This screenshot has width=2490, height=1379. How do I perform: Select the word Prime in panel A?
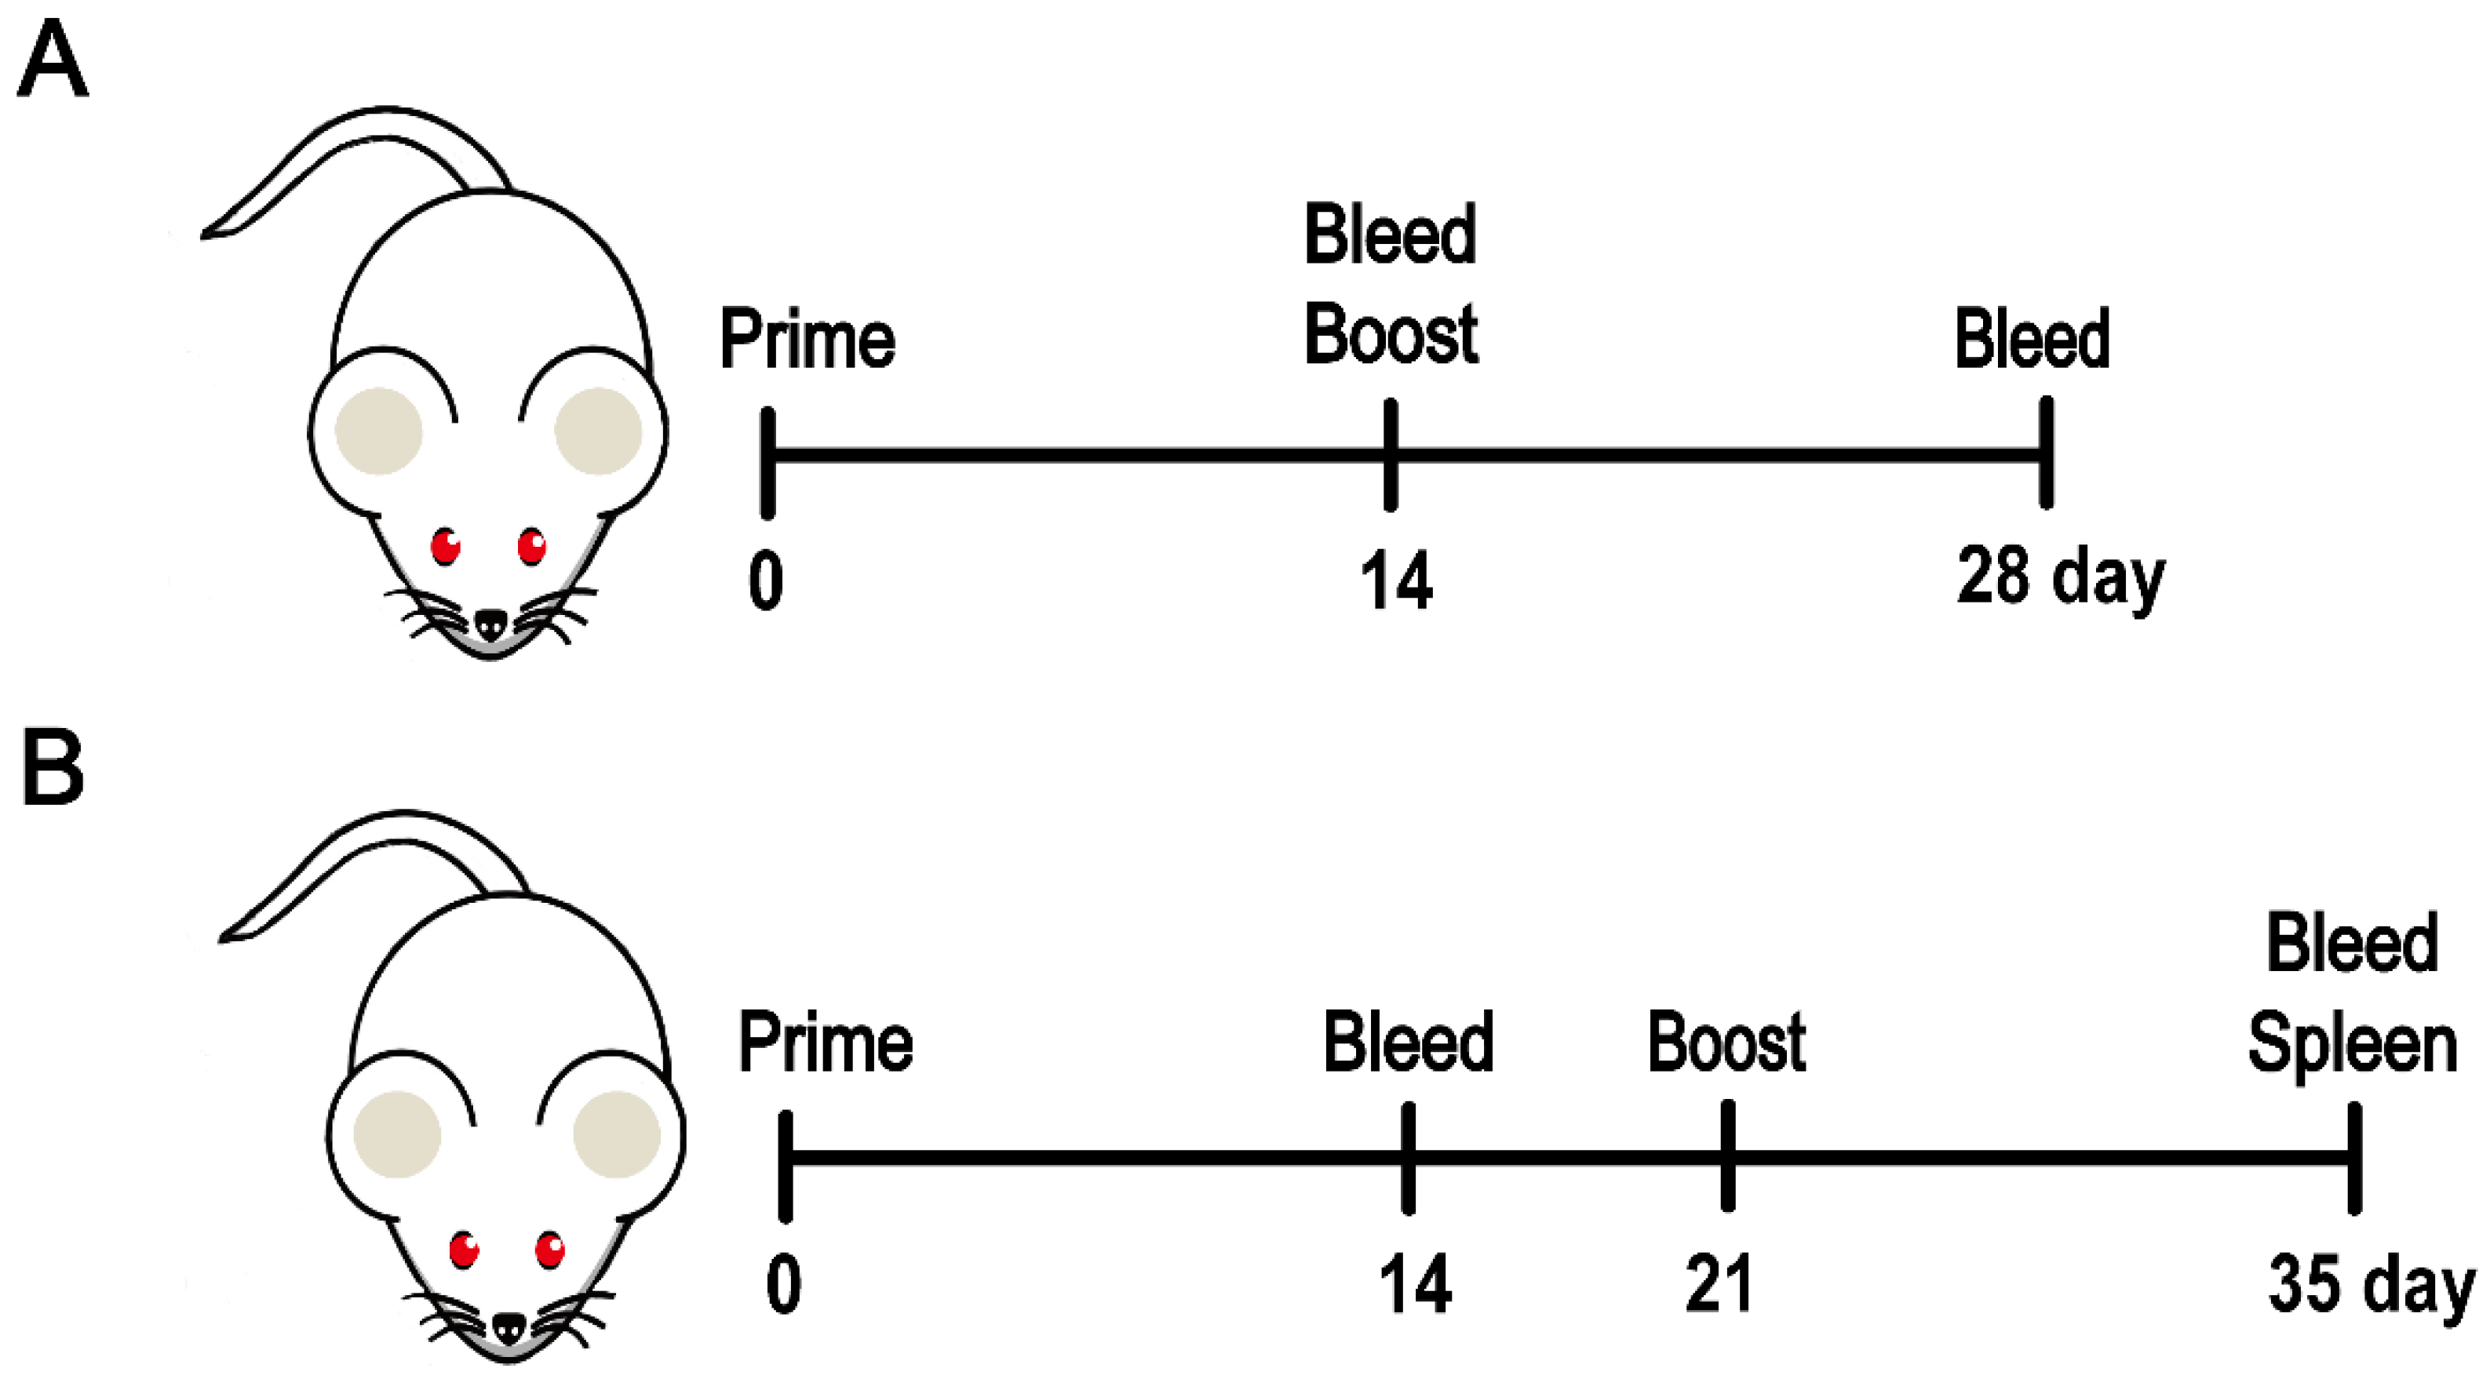coord(808,341)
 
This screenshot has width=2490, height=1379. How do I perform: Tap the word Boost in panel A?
coord(1390,334)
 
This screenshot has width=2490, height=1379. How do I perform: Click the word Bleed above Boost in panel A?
coord(1390,235)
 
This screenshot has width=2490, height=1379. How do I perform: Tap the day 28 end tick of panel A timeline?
coord(2045,453)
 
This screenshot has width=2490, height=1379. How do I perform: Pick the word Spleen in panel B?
coord(2352,1045)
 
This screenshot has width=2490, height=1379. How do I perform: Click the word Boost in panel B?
coord(1726,1042)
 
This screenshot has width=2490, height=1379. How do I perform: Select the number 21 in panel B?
coord(1719,1284)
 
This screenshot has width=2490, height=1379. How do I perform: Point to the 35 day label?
coord(2370,1286)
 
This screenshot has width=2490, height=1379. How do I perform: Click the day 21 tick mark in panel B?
coord(1727,1155)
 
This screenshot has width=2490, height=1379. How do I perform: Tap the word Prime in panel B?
coord(826,1042)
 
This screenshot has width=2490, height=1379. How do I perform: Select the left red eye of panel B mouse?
coord(464,1250)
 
